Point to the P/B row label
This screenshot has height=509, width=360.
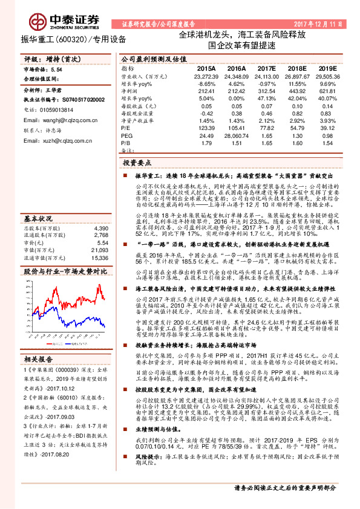click(x=125, y=143)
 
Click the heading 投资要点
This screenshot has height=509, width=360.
click(x=138, y=163)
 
